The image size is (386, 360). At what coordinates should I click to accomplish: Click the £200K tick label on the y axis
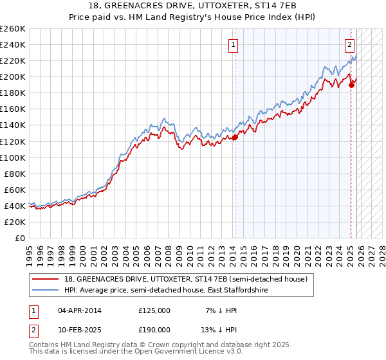13,76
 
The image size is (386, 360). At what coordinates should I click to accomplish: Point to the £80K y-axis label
15,174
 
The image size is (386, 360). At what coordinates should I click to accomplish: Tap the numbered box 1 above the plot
232,45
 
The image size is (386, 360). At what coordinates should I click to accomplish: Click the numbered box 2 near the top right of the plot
349,45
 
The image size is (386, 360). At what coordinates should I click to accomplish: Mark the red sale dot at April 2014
235,136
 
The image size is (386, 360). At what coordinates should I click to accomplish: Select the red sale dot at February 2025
351,84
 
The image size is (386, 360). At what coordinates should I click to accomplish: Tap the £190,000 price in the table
154,329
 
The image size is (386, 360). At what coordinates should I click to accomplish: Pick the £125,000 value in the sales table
154,310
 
